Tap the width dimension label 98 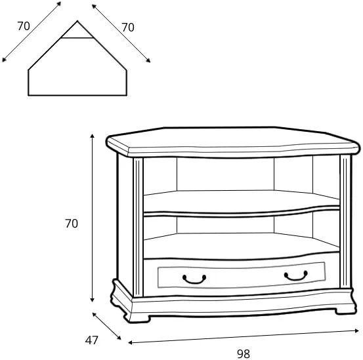click(x=244, y=353)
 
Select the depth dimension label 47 click(x=92, y=340)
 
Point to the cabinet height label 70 click(x=72, y=224)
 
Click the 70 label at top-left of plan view click(x=24, y=26)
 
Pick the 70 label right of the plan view click(x=128, y=28)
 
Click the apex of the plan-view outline click(x=77, y=21)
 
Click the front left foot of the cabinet click(x=139, y=318)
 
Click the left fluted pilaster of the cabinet click(x=138, y=227)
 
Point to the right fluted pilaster click(x=346, y=222)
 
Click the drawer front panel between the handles click(x=242, y=275)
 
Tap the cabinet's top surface click(x=232, y=138)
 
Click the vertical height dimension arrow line click(x=93, y=218)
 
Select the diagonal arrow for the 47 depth click(x=107, y=326)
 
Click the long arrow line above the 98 click(x=244, y=336)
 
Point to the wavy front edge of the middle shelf click(x=242, y=212)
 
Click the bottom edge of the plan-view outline click(x=77, y=95)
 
